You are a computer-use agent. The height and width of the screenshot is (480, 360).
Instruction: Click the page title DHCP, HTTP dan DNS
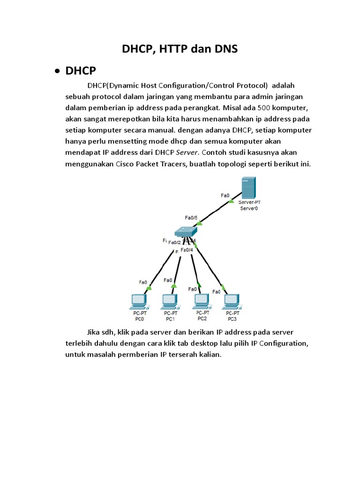(180, 49)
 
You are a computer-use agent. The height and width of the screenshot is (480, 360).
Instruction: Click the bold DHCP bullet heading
(81, 71)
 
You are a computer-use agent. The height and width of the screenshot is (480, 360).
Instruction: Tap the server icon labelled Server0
(248, 187)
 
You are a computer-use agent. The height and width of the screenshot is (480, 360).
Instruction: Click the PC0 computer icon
(139, 300)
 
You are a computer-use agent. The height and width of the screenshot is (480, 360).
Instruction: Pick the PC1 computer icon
(169, 300)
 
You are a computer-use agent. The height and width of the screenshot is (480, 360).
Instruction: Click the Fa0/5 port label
(191, 217)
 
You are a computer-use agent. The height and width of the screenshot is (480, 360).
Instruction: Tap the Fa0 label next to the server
(225, 195)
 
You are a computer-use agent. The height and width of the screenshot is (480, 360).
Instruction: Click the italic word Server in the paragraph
(187, 152)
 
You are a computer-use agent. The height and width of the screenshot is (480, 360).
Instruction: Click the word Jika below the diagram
(95, 332)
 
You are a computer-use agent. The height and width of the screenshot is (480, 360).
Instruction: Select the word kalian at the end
(209, 354)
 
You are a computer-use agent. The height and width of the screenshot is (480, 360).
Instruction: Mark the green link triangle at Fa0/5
(199, 223)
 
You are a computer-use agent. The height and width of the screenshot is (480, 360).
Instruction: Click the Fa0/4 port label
(187, 250)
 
